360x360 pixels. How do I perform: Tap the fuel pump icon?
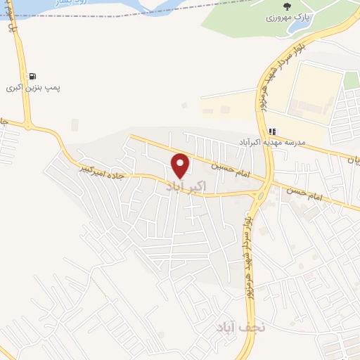point(32,77)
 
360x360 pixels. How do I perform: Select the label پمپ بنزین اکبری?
point(33,89)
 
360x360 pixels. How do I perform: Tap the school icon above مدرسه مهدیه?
point(272,131)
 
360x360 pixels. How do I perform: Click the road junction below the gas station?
point(28,127)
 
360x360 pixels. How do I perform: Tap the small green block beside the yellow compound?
point(350,80)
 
